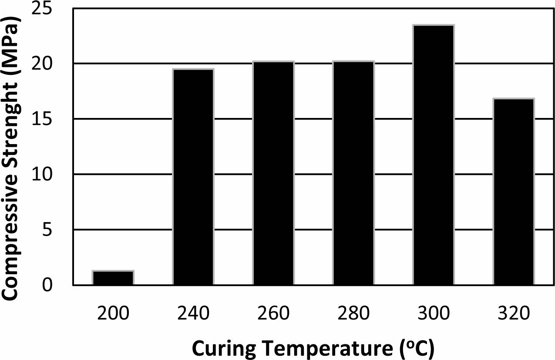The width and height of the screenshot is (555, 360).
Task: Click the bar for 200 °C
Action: click(x=113, y=278)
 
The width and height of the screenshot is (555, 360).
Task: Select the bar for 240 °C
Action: click(x=193, y=177)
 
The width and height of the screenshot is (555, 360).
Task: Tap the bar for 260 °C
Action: click(x=273, y=173)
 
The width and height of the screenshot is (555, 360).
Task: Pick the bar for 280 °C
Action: click(x=353, y=173)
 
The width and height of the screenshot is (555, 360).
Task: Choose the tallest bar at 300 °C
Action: click(x=434, y=155)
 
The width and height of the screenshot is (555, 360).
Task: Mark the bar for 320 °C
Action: click(x=514, y=192)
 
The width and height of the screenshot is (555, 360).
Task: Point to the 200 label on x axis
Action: click(x=113, y=313)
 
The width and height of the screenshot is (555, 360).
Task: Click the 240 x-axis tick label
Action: click(x=193, y=313)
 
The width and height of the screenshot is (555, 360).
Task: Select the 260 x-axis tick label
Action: click(x=273, y=313)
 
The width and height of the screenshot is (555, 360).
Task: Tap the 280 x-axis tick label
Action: click(x=353, y=313)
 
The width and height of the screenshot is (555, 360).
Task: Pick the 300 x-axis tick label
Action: click(x=434, y=313)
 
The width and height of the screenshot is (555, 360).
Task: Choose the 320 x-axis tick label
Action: click(x=514, y=313)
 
